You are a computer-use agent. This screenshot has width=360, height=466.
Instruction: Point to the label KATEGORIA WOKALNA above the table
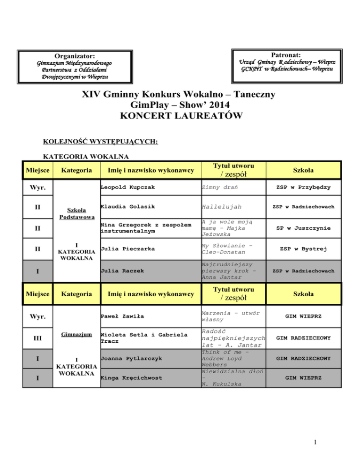(79, 158)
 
